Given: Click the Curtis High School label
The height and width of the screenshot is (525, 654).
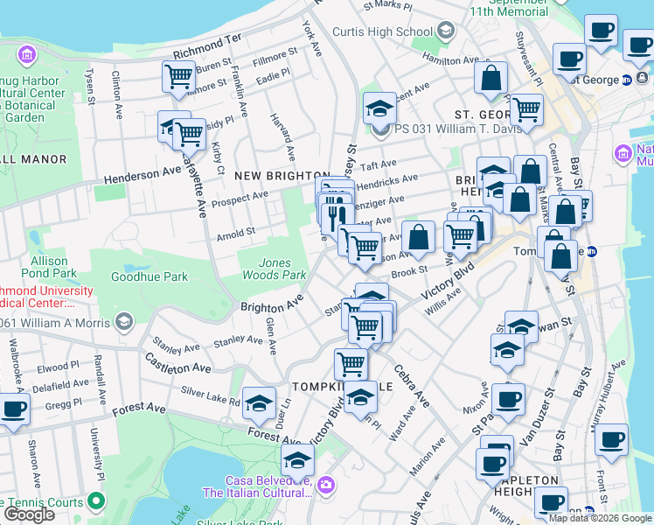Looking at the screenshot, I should (x=382, y=32).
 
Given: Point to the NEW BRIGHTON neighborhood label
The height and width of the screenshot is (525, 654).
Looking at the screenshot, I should (x=282, y=176).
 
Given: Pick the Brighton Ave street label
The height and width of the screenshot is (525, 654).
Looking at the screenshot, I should (x=272, y=304).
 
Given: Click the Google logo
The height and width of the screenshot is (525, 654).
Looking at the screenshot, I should (x=29, y=514).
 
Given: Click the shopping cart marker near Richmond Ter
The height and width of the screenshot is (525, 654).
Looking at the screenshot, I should (x=178, y=77).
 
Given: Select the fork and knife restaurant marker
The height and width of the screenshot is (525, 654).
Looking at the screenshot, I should (x=337, y=213).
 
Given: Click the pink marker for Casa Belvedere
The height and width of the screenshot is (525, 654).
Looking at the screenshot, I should (x=326, y=484).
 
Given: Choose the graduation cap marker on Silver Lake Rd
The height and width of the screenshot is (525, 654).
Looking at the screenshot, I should (x=259, y=402).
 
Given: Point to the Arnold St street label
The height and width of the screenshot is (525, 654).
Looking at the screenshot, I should (x=236, y=234).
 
